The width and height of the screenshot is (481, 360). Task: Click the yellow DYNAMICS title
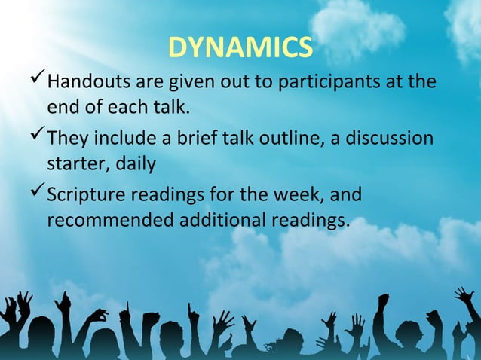[x=240, y=47]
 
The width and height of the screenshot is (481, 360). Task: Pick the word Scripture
[x=87, y=197]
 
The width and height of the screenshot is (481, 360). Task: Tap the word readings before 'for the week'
[x=170, y=197]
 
